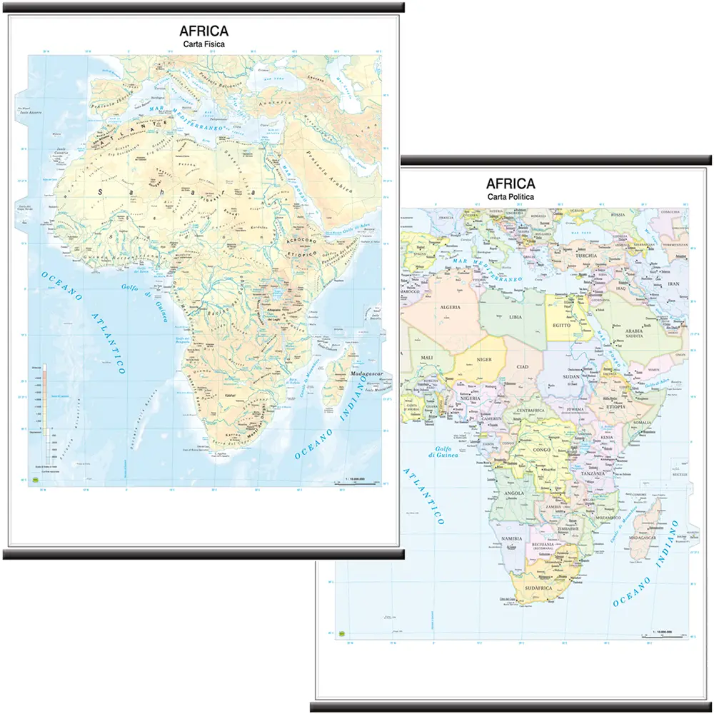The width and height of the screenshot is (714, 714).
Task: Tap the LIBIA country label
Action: click(x=516, y=315)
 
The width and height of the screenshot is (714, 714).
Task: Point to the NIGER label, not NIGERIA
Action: click(x=485, y=360)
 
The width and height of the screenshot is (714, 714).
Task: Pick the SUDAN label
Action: click(x=573, y=376)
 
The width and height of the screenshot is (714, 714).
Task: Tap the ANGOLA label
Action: click(x=515, y=493)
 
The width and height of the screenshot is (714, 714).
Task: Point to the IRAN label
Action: click(x=673, y=283)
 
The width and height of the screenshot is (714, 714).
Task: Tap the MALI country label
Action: click(x=427, y=357)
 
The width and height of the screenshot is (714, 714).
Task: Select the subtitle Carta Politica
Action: click(x=511, y=196)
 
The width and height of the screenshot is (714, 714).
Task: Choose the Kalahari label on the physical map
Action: click(x=230, y=395)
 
